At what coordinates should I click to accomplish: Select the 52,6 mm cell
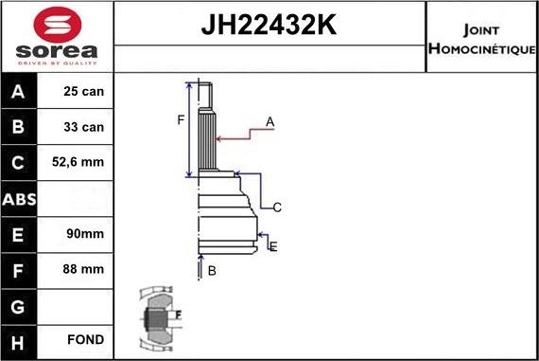78,163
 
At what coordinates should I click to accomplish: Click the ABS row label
20,199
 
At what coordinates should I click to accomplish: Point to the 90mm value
78,234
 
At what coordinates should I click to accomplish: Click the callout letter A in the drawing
269,121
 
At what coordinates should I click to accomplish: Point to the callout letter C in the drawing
277,207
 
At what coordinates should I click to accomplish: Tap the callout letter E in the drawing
273,246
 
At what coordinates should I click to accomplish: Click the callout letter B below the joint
212,271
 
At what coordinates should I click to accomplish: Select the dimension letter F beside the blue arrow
180,119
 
